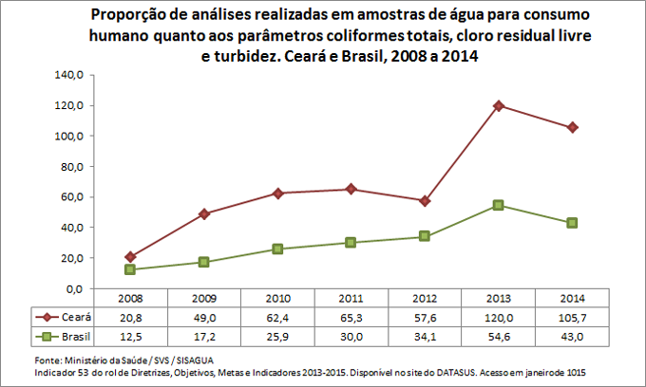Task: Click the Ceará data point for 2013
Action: pos(499,105)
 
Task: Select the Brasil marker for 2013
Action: pos(499,205)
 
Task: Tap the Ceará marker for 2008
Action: pos(130,257)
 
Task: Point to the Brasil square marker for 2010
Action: pos(277,249)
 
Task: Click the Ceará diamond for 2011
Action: pos(351,189)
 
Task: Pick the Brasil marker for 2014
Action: pos(573,223)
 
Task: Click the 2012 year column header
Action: pos(425,299)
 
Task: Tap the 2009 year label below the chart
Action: pos(204,299)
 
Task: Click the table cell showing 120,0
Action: pos(499,316)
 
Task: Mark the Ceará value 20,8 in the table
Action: pos(130,316)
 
